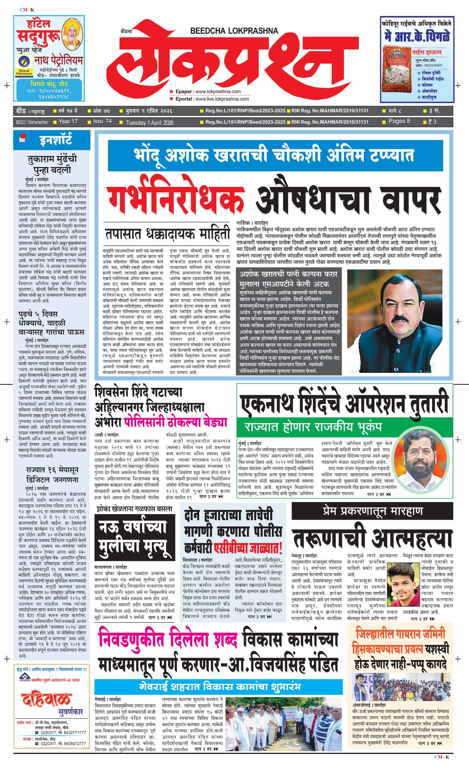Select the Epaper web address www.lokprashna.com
[x=218, y=91]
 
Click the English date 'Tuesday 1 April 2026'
[x=150, y=123]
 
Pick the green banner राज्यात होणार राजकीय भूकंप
[x=313, y=426]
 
